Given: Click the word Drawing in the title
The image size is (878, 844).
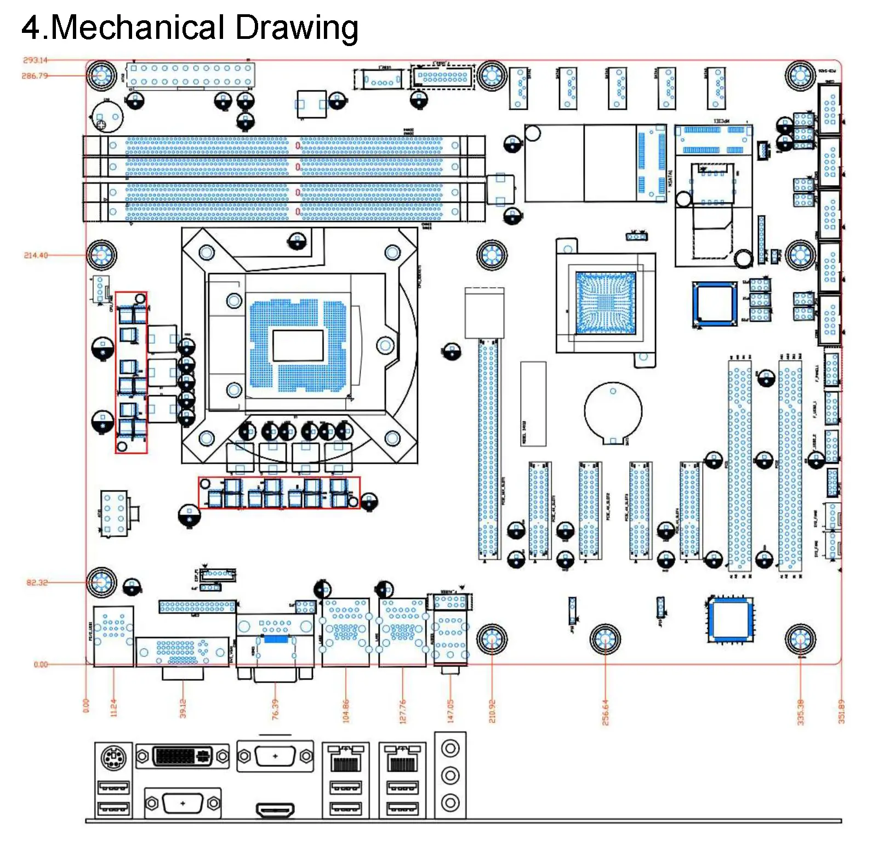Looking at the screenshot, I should pyautogui.click(x=297, y=27).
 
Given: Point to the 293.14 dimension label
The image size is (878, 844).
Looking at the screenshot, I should pyautogui.click(x=35, y=60).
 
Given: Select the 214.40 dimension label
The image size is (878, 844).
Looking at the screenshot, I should pyautogui.click(x=36, y=255).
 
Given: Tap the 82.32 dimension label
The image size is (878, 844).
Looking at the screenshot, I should pyautogui.click(x=37, y=583).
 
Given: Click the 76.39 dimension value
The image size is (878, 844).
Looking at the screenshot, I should pyautogui.click(x=275, y=709).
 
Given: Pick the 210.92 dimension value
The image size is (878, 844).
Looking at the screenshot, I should pyautogui.click(x=492, y=711).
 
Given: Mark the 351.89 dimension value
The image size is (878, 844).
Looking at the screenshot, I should pyautogui.click(x=841, y=711).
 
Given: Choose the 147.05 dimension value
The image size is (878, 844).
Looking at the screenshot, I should pyautogui.click(x=451, y=711).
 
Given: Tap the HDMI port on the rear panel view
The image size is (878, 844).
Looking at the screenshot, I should pyautogui.click(x=275, y=809).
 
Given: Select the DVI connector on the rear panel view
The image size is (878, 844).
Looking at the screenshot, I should pyautogui.click(x=182, y=756).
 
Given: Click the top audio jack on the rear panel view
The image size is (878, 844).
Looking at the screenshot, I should pyautogui.click(x=450, y=748).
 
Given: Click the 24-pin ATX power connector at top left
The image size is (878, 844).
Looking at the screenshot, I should pyautogui.click(x=191, y=75).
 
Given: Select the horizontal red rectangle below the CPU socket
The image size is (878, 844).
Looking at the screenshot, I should pyautogui.click(x=279, y=493).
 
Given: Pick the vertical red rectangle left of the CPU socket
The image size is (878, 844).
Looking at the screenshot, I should pyautogui.click(x=131, y=373).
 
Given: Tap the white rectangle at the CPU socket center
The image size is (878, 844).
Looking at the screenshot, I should pyautogui.click(x=298, y=346).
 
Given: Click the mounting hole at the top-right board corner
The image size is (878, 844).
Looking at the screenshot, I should pyautogui.click(x=800, y=76).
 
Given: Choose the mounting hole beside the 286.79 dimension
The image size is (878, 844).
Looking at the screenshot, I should pyautogui.click(x=101, y=75).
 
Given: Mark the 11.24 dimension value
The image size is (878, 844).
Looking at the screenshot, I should pyautogui.click(x=114, y=708).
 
